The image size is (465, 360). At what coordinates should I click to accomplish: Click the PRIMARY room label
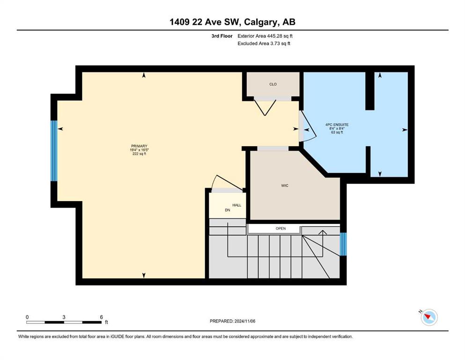[x=139, y=146]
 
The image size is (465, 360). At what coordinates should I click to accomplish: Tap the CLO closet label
[x=273, y=84]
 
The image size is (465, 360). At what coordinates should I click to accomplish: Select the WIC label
[x=285, y=186]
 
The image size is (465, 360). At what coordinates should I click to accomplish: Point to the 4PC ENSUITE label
[x=337, y=125]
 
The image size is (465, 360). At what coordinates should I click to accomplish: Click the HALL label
[x=236, y=205]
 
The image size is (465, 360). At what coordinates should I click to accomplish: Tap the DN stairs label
[x=228, y=210]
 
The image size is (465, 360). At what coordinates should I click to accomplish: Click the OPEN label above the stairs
[x=280, y=229]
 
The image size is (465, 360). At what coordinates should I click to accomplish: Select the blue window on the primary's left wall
[x=54, y=151]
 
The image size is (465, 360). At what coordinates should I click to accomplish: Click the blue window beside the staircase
[x=343, y=244]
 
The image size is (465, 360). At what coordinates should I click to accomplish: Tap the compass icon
[x=429, y=317]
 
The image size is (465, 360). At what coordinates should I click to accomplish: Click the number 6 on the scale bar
[x=101, y=317]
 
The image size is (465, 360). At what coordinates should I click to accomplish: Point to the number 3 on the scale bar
[x=64, y=317]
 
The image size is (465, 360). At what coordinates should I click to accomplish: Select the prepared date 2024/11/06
[x=244, y=321]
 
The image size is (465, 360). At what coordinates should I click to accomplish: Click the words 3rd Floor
[x=222, y=36]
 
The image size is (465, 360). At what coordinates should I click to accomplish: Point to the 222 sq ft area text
[x=139, y=154]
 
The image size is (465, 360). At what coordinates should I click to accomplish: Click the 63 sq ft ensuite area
[x=337, y=132]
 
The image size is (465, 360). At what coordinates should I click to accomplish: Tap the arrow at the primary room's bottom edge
[x=144, y=276]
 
